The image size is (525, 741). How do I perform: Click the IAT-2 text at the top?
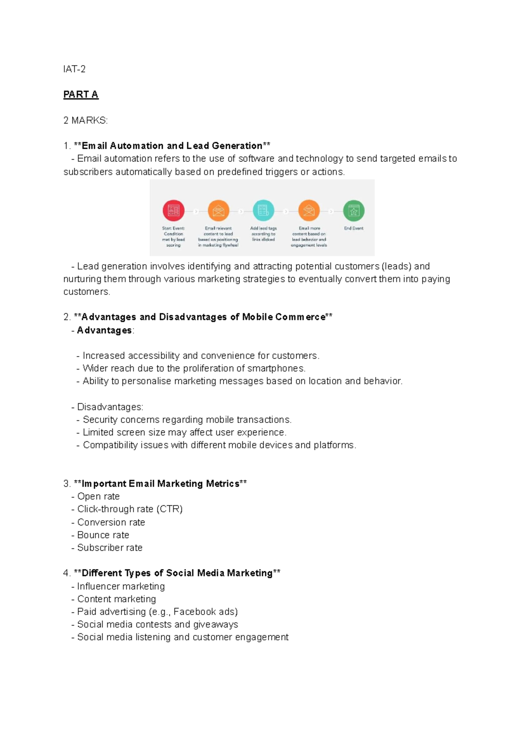click(x=74, y=69)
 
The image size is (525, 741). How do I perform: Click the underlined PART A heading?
click(x=81, y=94)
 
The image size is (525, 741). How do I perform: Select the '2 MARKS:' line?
click(x=85, y=120)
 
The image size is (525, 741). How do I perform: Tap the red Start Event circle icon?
click(x=173, y=211)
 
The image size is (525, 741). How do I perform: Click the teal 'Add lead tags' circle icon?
click(x=263, y=211)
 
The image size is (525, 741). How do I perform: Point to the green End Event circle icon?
click(x=353, y=211)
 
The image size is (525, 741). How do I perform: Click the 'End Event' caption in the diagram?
click(x=353, y=228)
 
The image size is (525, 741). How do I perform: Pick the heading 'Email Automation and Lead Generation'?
click(x=172, y=146)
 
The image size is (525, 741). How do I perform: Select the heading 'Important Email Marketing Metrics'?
click(x=160, y=483)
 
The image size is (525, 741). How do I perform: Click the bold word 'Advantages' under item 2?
click(x=104, y=330)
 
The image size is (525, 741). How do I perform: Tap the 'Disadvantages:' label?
click(x=110, y=407)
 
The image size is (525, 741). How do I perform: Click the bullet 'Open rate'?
click(x=98, y=496)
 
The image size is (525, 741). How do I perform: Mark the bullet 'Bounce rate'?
click(x=103, y=535)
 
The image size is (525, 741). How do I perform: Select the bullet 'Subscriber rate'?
click(x=110, y=547)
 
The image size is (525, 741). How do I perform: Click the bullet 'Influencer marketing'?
click(x=121, y=586)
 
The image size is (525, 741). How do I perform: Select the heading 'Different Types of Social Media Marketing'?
click(x=177, y=573)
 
